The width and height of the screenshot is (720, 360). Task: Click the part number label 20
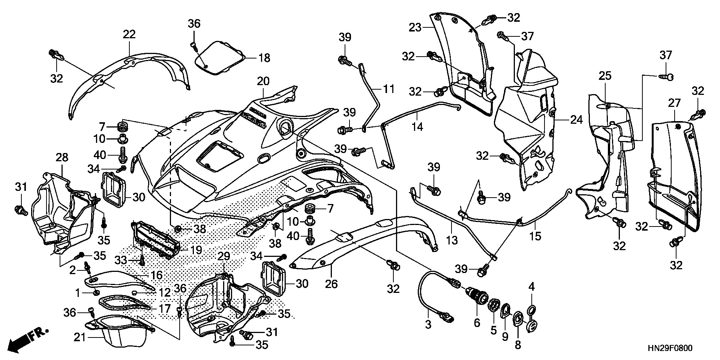(x=263, y=81)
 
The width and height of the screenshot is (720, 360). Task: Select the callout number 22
(x=129, y=34)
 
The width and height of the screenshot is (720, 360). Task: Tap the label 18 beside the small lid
(x=264, y=58)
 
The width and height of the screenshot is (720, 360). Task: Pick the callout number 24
(x=576, y=120)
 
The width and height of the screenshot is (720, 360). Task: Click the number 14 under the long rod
(x=417, y=127)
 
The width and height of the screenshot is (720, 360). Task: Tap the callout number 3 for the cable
(x=428, y=325)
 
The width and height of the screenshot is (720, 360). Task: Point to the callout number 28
(x=62, y=157)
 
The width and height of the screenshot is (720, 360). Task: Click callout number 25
(x=604, y=76)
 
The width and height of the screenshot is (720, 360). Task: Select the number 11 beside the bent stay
(x=388, y=89)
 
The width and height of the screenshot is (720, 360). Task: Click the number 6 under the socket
(x=477, y=322)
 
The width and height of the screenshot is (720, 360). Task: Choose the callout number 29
(x=223, y=257)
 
